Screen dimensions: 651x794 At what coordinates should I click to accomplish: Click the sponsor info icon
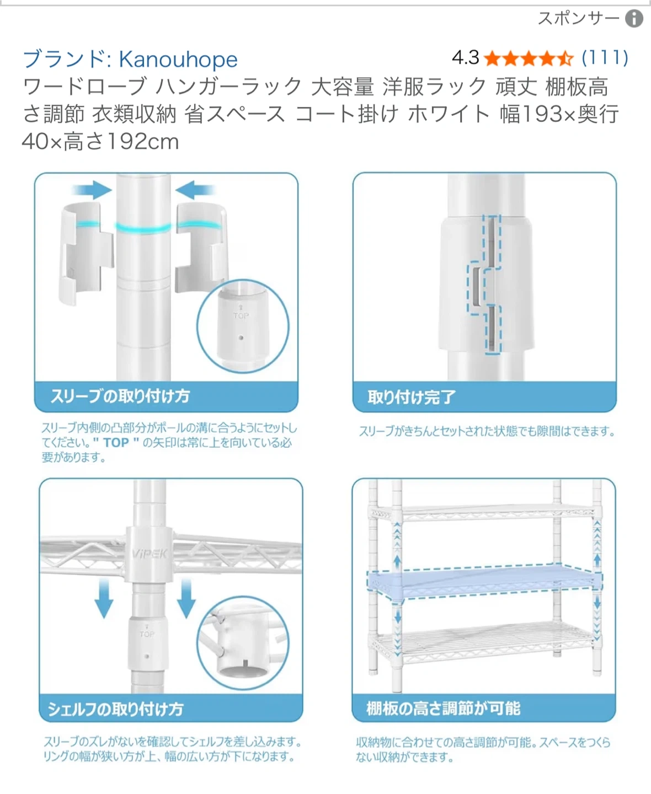pyautogui.click(x=634, y=19)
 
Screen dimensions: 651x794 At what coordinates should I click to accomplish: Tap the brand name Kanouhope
pyautogui.click(x=178, y=60)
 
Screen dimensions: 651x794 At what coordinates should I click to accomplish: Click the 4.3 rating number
pyautogui.click(x=465, y=58)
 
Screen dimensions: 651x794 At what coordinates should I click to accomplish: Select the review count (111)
pyautogui.click(x=605, y=58)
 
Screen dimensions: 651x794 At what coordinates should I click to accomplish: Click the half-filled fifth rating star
pyautogui.click(x=565, y=59)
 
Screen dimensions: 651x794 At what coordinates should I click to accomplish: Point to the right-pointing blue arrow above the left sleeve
pyautogui.click(x=93, y=190)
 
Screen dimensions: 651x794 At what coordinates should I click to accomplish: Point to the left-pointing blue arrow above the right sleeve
pyautogui.click(x=195, y=190)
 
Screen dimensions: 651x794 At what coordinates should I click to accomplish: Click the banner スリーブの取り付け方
pyautogui.click(x=166, y=396)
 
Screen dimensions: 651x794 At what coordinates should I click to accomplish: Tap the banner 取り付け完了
pyautogui.click(x=484, y=396)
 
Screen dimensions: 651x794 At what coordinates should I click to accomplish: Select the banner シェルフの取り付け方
pyautogui.click(x=170, y=708)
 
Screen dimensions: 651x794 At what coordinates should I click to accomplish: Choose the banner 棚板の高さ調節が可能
pyautogui.click(x=484, y=708)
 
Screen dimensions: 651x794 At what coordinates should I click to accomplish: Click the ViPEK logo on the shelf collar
pyautogui.click(x=150, y=554)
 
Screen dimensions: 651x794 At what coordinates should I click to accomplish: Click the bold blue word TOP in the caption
pyautogui.click(x=116, y=443)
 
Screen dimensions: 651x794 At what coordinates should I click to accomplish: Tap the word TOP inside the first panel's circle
pyautogui.click(x=241, y=315)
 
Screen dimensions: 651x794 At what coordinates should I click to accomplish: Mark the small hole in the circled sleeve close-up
pyautogui.click(x=241, y=337)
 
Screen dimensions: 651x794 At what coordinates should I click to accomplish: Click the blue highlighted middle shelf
pyautogui.click(x=484, y=582)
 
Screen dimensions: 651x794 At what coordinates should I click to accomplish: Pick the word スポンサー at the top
pyautogui.click(x=578, y=18)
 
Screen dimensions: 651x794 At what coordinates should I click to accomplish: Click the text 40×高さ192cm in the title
pyautogui.click(x=100, y=142)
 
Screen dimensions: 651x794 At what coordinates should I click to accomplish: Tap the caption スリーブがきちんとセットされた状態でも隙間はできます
pyautogui.click(x=487, y=431)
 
